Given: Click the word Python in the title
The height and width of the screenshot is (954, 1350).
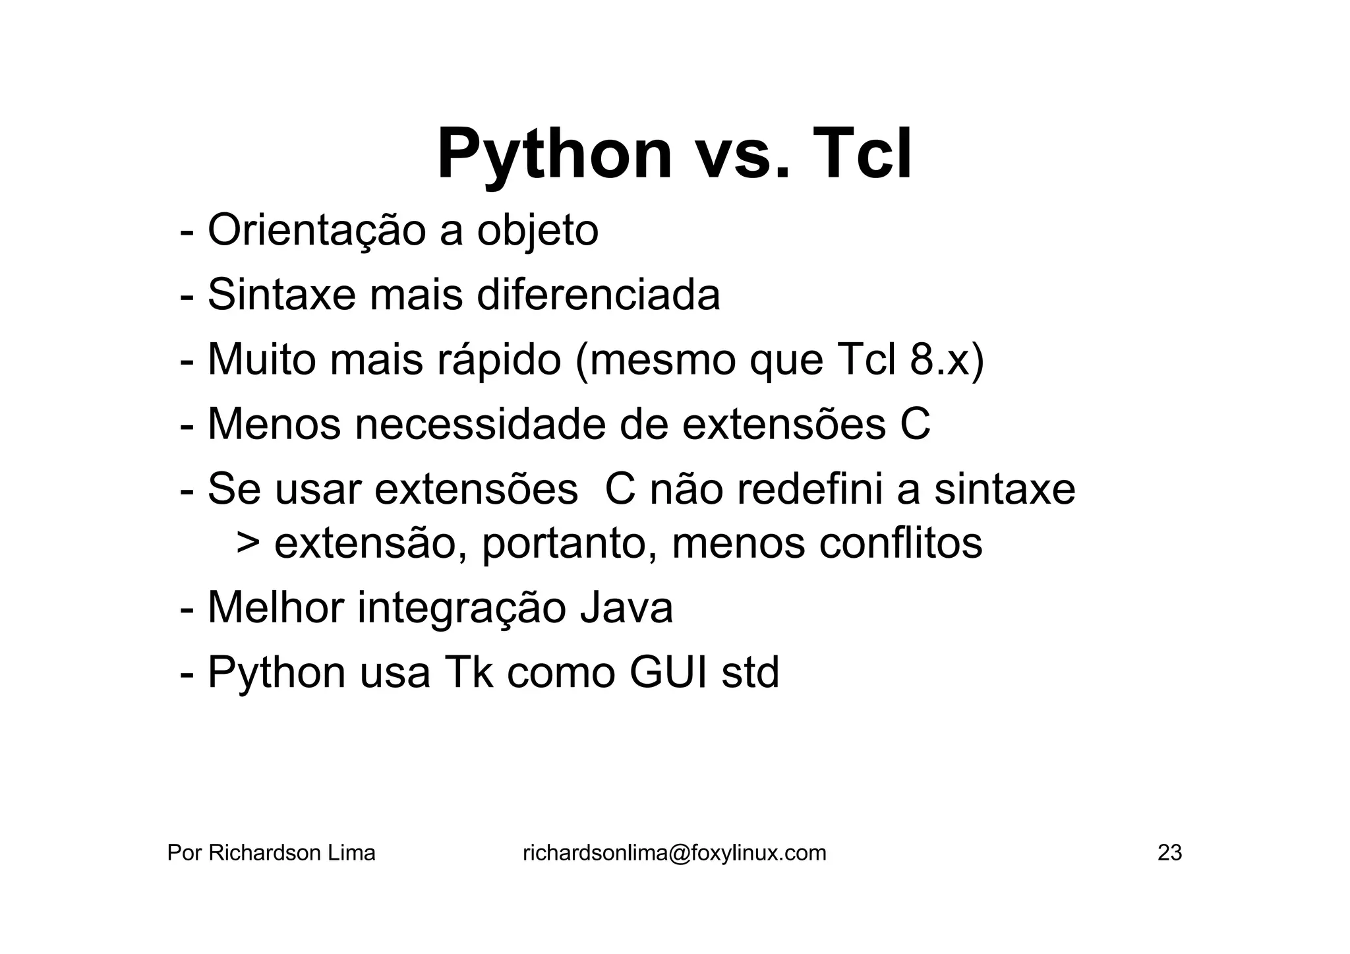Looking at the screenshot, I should tap(554, 156).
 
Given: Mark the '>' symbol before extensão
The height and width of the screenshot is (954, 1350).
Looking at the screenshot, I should tap(248, 543).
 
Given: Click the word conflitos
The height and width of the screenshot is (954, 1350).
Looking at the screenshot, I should tap(900, 543).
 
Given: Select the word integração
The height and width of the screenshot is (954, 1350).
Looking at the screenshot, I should tap(461, 608).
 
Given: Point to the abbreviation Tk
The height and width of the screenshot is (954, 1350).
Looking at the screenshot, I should tap(469, 672).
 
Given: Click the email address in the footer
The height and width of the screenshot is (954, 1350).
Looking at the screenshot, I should tap(674, 853).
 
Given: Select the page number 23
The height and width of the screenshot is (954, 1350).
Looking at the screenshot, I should tap(1169, 853).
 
